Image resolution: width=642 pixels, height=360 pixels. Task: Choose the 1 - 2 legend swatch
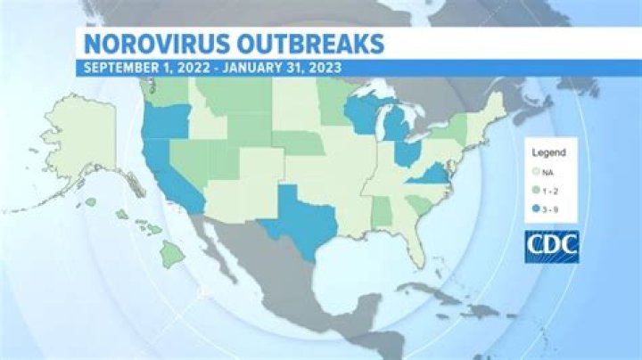click(x=535, y=190)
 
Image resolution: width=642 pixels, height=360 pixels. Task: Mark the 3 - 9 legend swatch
click(x=535, y=209)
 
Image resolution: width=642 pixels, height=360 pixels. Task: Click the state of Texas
click(x=299, y=218)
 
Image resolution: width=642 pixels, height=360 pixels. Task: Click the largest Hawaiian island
click(x=172, y=256)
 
